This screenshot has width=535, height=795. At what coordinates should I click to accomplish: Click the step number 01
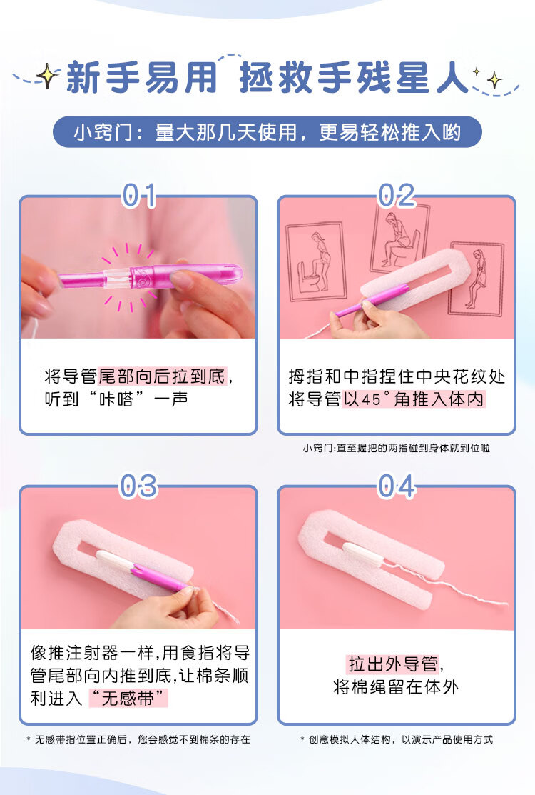(x=139, y=196)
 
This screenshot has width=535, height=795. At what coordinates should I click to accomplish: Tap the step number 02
(x=397, y=196)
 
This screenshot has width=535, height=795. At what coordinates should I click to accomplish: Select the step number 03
(x=138, y=486)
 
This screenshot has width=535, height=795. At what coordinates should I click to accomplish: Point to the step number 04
(x=397, y=486)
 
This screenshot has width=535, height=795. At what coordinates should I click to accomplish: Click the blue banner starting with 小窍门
(x=267, y=132)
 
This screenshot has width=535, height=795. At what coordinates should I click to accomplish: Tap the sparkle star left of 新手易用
(x=47, y=76)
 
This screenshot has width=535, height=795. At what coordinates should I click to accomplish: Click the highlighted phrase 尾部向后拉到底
(x=162, y=376)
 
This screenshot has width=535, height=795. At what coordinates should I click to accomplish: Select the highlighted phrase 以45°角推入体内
(x=414, y=399)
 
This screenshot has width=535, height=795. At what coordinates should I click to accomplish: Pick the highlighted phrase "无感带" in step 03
(x=128, y=698)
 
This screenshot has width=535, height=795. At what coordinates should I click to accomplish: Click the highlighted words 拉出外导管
(x=394, y=664)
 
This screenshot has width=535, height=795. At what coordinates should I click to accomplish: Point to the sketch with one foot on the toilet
(x=316, y=261)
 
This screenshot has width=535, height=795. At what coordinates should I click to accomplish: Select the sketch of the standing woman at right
(x=477, y=279)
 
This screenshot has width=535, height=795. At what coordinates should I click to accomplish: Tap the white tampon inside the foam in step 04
(x=363, y=554)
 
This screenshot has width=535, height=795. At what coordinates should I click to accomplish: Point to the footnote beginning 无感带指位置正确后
(x=138, y=740)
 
